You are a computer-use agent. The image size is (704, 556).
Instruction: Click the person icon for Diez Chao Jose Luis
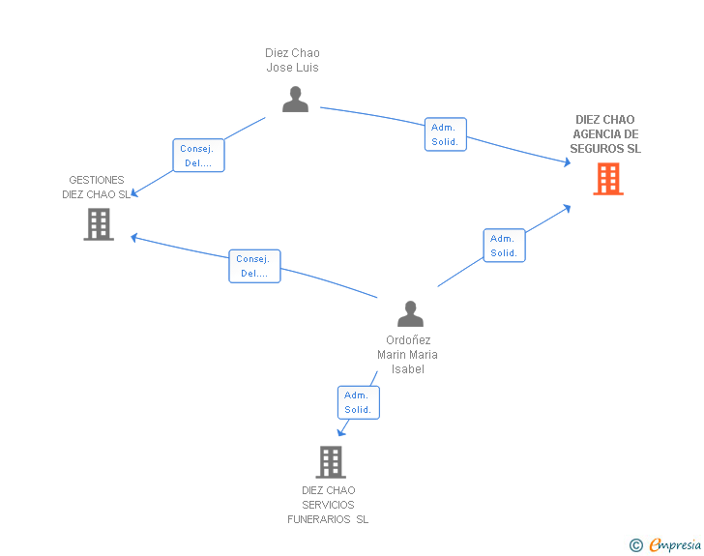[296, 99]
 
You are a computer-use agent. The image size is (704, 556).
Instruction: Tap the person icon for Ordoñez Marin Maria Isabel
[410, 313]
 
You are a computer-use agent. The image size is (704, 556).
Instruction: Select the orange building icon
[608, 179]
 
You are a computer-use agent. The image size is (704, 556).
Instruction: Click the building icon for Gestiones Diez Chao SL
[99, 224]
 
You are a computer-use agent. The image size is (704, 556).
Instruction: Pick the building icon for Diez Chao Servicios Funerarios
[331, 461]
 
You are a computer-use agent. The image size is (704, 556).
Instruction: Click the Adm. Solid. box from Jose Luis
[446, 134]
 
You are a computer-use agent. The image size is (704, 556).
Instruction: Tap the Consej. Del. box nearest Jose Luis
[198, 156]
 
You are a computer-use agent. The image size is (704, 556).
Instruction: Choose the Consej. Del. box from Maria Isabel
[254, 266]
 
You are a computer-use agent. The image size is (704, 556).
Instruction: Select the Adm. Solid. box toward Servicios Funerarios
[358, 402]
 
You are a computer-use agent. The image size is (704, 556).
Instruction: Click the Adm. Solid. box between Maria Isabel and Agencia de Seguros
[504, 246]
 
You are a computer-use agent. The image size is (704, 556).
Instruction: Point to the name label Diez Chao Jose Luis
[292, 60]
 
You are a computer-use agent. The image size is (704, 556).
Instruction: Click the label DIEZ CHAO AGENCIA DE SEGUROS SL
[605, 133]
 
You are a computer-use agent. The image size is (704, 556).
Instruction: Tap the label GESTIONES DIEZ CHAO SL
[96, 188]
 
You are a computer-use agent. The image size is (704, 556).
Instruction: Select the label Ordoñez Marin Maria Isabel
[408, 354]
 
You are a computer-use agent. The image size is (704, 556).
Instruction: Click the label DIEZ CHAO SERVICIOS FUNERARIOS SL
[328, 505]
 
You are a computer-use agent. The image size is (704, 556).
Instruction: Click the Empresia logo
[675, 544]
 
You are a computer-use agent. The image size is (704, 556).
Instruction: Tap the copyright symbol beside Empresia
[636, 545]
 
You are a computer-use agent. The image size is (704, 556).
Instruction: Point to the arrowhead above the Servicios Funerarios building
[341, 431]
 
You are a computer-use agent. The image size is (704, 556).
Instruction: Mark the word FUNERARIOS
[319, 519]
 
